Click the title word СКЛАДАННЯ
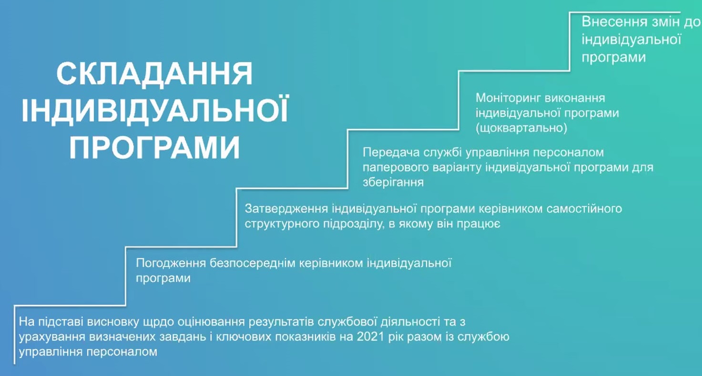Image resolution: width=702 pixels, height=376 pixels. coord(154,74)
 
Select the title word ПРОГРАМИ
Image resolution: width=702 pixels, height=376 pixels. coord(154,148)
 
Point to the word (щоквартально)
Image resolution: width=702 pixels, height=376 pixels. coord(521,128)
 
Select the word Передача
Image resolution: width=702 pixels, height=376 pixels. coord(391,152)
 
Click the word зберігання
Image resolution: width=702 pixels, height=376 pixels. coord(393,183)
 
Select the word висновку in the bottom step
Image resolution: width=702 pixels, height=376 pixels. coord(113,322)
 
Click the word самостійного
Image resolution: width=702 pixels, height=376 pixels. coord(584,209)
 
